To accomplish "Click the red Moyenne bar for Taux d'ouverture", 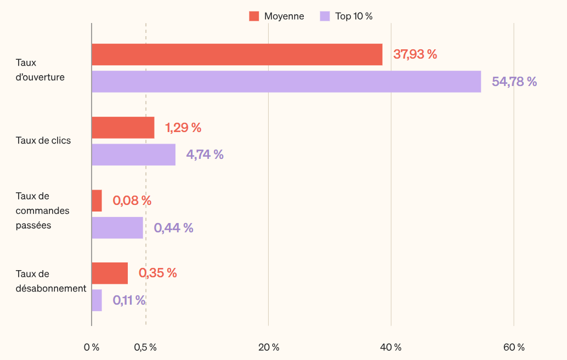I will pyautogui.click(x=237, y=55).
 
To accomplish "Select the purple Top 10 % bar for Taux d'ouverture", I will pyautogui.click(x=286, y=82).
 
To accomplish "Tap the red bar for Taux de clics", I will pyautogui.click(x=123, y=128).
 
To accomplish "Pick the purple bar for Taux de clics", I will pyautogui.click(x=133, y=155).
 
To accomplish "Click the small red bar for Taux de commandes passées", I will pyautogui.click(x=97, y=201).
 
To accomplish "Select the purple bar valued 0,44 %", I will pyautogui.click(x=117, y=227).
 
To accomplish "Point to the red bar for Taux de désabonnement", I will pyautogui.click(x=110, y=273).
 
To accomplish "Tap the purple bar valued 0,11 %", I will pyautogui.click(x=97, y=300).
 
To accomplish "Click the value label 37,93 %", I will pyautogui.click(x=415, y=54).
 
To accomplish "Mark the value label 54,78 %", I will pyautogui.click(x=514, y=82).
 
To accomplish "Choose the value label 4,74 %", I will pyautogui.click(x=205, y=155).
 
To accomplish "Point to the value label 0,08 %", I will pyautogui.click(x=132, y=201).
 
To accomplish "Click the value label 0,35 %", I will pyautogui.click(x=157, y=273).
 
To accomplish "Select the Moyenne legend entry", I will pyautogui.click(x=277, y=16).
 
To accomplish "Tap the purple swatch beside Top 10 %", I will pyautogui.click(x=325, y=16).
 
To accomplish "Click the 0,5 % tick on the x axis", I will pyautogui.click(x=145, y=347).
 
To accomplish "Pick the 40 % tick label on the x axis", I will pyautogui.click(x=391, y=347).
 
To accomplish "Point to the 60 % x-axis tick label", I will pyautogui.click(x=514, y=347).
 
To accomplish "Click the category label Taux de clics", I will pyautogui.click(x=43, y=141).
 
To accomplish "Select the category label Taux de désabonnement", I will pyautogui.click(x=50, y=281).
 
